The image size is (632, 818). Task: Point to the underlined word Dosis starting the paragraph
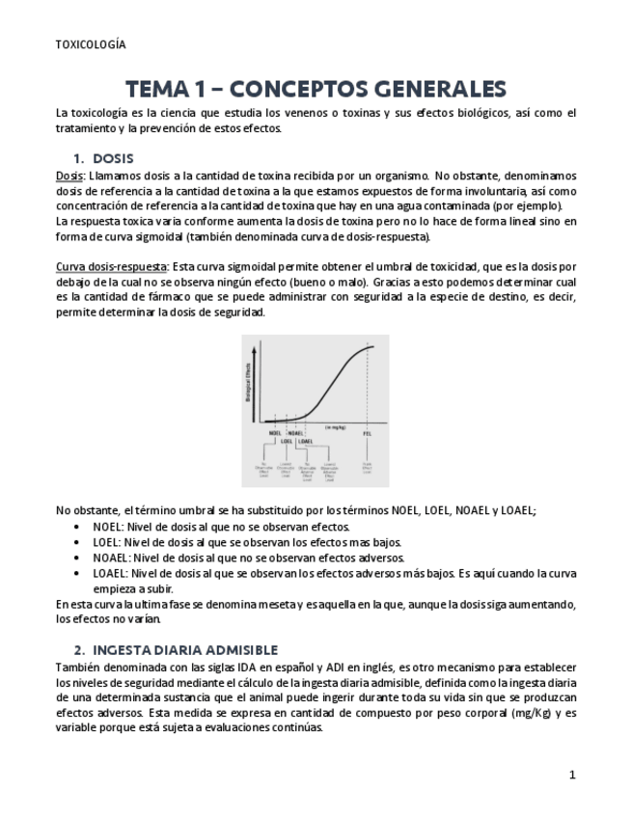coord(69,177)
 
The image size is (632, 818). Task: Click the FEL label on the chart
coord(368,433)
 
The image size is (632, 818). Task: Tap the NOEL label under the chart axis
coord(276,433)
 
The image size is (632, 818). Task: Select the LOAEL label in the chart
coord(305,442)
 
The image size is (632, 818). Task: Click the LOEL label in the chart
coord(286,442)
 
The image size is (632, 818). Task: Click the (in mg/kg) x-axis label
coord(335,425)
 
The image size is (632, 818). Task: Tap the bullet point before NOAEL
coord(77,558)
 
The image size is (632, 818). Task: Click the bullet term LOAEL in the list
coord(110,573)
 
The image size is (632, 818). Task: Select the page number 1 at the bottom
coord(572,775)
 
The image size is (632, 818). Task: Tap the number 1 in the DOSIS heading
coord(77,157)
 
